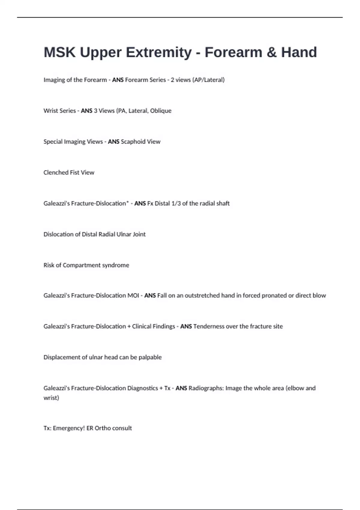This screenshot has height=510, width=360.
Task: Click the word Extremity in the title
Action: click(x=159, y=52)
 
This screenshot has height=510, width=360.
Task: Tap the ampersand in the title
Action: click(x=271, y=52)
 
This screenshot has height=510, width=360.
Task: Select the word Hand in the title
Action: click(x=299, y=52)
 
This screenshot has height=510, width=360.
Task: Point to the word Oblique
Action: click(x=161, y=111)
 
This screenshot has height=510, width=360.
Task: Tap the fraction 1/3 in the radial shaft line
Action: click(x=176, y=203)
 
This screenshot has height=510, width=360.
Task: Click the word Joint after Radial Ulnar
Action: click(x=139, y=234)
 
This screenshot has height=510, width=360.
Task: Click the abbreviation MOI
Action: click(x=133, y=295)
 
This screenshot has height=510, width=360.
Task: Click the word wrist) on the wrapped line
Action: click(x=51, y=398)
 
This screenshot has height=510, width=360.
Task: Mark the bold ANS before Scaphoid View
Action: click(x=114, y=142)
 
